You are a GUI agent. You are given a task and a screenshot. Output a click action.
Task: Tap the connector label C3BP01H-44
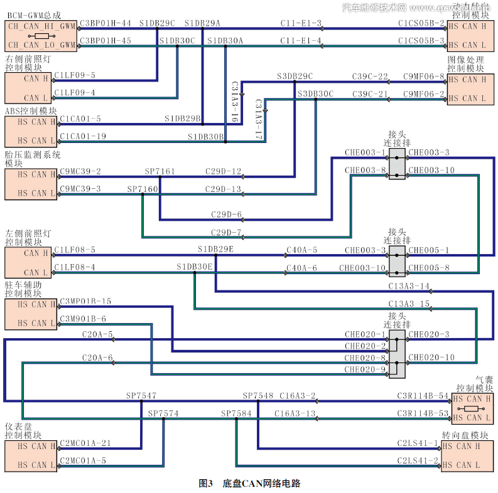(x=106, y=23)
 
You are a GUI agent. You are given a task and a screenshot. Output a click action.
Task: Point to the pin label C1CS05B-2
(x=421, y=23)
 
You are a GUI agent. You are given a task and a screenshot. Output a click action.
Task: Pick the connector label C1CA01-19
(x=83, y=136)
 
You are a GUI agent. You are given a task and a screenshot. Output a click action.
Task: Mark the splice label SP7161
(x=160, y=171)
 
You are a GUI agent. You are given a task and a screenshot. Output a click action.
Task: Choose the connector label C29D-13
(x=224, y=189)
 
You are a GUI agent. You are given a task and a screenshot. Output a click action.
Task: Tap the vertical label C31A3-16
(x=234, y=100)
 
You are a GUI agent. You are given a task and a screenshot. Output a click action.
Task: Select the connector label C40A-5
(x=302, y=250)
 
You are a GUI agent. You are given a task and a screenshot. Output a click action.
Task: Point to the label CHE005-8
(x=429, y=268)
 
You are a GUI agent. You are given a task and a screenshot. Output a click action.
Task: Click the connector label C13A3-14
(x=409, y=286)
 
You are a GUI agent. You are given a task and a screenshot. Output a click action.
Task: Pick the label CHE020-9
(x=365, y=369)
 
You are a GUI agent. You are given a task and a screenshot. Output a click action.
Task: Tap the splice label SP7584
(x=236, y=414)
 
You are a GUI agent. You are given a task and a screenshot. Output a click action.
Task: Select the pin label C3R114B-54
(x=423, y=396)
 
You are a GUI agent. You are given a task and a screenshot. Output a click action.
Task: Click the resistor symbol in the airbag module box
(x=472, y=408)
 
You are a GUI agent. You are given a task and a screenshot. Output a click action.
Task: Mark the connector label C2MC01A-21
(x=85, y=443)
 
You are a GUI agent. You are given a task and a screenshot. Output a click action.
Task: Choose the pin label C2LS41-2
(x=418, y=461)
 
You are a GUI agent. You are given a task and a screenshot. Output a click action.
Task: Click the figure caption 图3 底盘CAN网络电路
(x=249, y=484)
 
